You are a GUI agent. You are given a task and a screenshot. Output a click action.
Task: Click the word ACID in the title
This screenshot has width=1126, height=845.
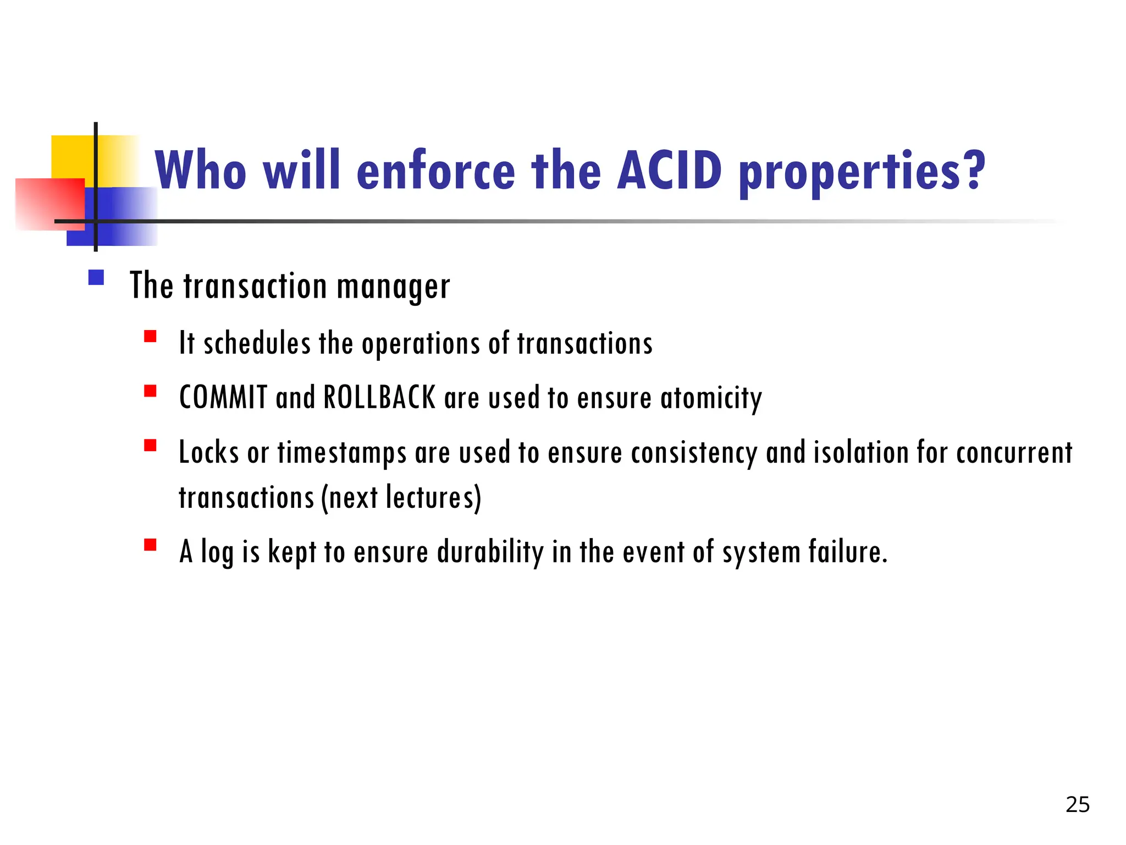(x=669, y=171)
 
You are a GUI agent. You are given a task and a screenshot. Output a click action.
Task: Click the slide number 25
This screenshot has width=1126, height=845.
(x=1077, y=804)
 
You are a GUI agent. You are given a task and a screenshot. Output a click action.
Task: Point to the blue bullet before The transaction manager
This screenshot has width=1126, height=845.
(x=96, y=277)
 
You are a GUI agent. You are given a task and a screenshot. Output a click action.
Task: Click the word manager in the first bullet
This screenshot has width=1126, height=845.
(x=393, y=287)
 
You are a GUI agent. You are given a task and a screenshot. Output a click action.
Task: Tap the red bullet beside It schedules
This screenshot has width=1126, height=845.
(x=150, y=336)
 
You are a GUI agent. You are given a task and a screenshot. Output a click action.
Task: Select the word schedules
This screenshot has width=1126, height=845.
(x=257, y=343)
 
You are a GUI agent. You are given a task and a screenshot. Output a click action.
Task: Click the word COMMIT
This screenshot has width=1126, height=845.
(x=223, y=397)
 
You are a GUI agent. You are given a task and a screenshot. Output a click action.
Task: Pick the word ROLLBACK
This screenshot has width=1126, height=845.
(x=379, y=397)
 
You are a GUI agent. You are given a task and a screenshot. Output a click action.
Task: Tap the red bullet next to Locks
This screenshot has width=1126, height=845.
(x=150, y=445)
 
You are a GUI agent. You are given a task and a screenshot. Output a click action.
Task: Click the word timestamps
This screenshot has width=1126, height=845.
(x=342, y=453)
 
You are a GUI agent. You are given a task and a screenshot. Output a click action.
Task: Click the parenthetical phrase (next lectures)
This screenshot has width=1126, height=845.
(x=401, y=497)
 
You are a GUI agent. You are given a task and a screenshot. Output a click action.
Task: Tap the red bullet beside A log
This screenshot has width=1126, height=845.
(x=150, y=545)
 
